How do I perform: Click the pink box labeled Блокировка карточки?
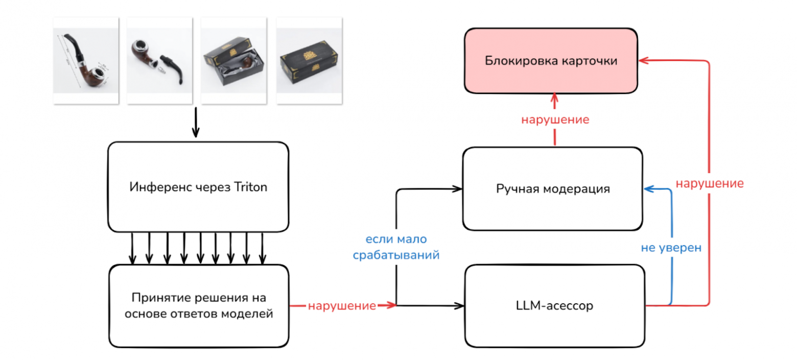551,61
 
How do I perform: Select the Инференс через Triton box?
198,187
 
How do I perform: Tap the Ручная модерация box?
552,189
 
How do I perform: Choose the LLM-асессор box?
554,306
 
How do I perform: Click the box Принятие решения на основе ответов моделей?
199,306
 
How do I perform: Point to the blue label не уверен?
671,248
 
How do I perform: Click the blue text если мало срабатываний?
396,247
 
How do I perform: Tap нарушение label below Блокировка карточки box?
555,120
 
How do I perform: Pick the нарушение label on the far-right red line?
709,183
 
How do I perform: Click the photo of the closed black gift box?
309,61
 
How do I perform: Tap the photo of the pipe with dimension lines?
86,61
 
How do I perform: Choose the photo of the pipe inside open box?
233,61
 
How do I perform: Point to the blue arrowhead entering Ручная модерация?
648,189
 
